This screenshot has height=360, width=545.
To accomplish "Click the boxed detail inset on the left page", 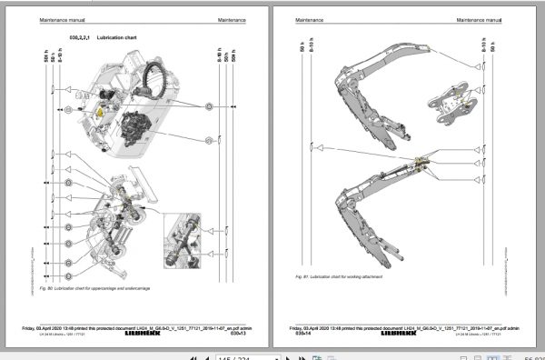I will tap(192, 239).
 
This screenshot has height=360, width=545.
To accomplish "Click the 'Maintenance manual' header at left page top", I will tap(60, 19).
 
